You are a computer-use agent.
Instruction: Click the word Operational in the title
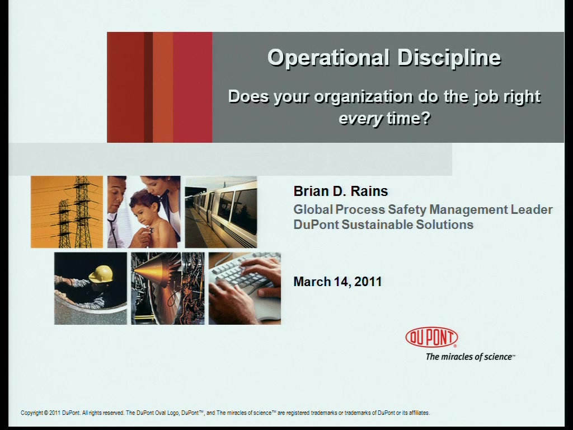pos(328,58)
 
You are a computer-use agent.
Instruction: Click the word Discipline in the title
pos(449,58)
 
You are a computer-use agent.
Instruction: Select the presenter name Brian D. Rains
pos(341,191)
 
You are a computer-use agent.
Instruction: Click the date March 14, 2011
pos(337,282)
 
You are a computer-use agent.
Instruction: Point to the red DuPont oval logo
pos(431,337)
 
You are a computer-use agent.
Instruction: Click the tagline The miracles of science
pos(470,357)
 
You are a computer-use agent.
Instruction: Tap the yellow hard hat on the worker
pos(101,274)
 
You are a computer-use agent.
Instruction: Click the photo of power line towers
pos(67,212)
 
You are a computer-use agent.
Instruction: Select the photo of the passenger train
pos(221,212)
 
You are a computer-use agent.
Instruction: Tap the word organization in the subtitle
pos(364,97)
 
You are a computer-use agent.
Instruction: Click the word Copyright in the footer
pos(31,413)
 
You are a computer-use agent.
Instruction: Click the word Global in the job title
pos(313,209)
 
